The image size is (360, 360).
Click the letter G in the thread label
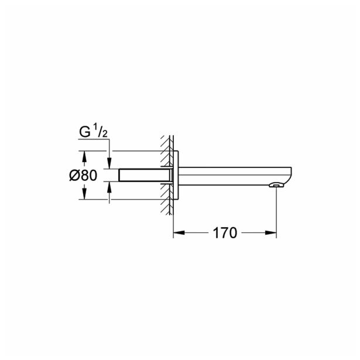(85, 132)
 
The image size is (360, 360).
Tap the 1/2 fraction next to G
(100, 132)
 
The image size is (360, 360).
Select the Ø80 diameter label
(82, 175)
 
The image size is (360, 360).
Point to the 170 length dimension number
(225, 233)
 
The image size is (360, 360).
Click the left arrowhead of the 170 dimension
(177, 233)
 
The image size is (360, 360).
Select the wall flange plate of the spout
(177, 176)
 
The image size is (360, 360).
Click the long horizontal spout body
(228, 175)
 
